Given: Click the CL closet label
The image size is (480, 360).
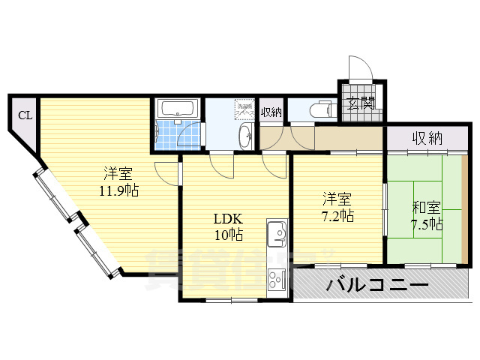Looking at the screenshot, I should [25, 115].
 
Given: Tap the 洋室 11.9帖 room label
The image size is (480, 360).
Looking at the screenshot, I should [118, 180].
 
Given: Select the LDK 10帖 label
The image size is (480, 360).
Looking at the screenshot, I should [227, 226].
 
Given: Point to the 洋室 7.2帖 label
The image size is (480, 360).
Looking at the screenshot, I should [337, 208].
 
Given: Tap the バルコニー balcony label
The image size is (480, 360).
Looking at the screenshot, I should [377, 286].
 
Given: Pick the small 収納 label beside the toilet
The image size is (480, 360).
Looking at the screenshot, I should [271, 112].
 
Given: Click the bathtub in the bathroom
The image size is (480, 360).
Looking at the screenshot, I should [176, 108].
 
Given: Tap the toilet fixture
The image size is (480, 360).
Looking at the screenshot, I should [321, 109].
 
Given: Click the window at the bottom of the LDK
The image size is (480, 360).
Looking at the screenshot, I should [232, 300].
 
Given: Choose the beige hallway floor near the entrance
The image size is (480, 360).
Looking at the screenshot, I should [345, 138].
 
